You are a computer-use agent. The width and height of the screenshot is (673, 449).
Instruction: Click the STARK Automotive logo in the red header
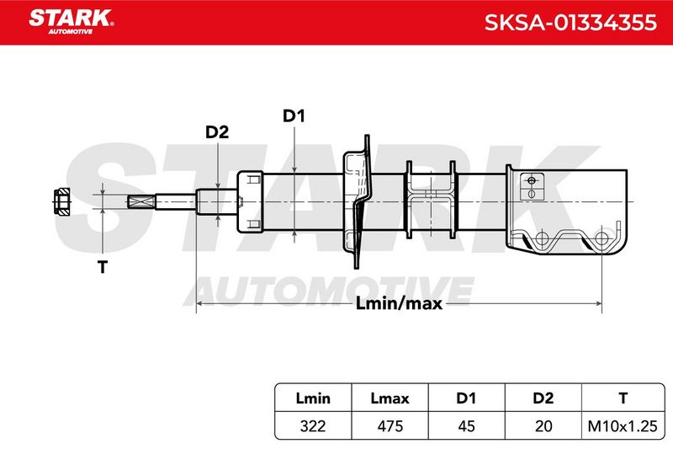click(x=72, y=22)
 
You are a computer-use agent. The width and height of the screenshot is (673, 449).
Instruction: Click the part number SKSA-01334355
click(x=570, y=23)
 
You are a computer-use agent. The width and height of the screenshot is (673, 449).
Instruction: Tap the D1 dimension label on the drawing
click(x=294, y=116)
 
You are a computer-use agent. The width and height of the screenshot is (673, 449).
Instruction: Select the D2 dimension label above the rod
click(x=217, y=132)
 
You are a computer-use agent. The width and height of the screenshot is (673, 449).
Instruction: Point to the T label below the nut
click(x=103, y=267)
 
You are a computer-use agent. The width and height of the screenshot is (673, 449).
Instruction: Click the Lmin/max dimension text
click(x=399, y=304)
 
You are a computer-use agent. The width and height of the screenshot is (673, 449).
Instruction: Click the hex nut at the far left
click(x=61, y=201)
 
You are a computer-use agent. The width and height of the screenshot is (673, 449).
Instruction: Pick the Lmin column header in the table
click(x=313, y=398)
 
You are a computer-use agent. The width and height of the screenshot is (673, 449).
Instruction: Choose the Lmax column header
click(x=389, y=398)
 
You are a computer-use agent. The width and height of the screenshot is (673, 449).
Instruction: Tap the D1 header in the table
click(x=466, y=398)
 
